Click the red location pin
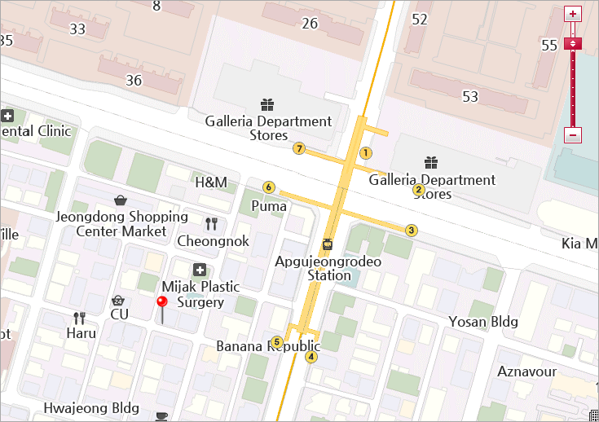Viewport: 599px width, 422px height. [162, 304]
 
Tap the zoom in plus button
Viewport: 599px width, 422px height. [573, 14]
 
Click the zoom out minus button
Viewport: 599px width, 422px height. [573, 135]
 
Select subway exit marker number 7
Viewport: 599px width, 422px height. [299, 148]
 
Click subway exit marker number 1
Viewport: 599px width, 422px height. [366, 152]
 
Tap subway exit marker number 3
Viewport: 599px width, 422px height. [412, 231]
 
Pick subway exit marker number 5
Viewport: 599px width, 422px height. [277, 342]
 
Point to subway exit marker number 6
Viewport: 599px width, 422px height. [269, 187]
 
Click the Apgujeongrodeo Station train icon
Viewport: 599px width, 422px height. [328, 244]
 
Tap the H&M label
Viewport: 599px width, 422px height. [211, 182]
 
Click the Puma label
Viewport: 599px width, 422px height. [269, 206]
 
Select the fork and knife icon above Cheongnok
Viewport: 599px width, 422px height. [212, 224]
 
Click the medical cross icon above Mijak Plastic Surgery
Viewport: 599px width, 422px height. [200, 270]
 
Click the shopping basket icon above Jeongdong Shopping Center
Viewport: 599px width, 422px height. [121, 200]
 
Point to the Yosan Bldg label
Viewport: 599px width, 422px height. [483, 322]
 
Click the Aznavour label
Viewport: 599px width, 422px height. [527, 371]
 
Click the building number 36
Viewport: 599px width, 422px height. [134, 80]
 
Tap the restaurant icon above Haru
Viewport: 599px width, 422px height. [80, 318]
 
